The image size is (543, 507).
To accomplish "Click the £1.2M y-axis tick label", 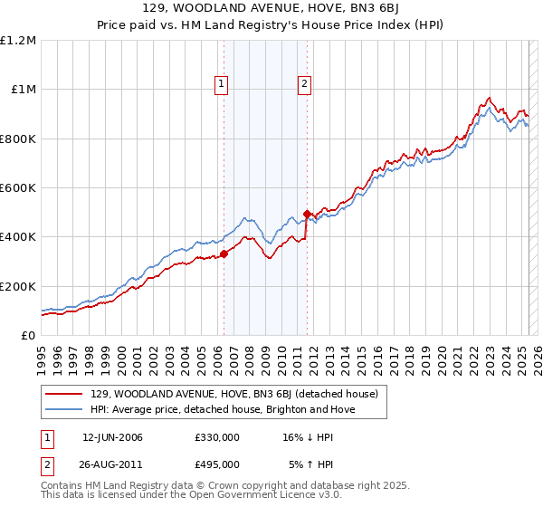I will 18,41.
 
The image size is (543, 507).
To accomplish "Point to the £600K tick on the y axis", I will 18,188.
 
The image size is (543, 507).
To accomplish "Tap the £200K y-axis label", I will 18,286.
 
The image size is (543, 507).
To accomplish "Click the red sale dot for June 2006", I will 224,254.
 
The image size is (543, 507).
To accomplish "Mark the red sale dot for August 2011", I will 307,214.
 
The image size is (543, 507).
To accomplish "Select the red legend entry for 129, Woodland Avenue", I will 239,394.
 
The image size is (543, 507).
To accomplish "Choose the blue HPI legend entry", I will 223,410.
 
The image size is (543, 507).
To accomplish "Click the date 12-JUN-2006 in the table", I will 112,437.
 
